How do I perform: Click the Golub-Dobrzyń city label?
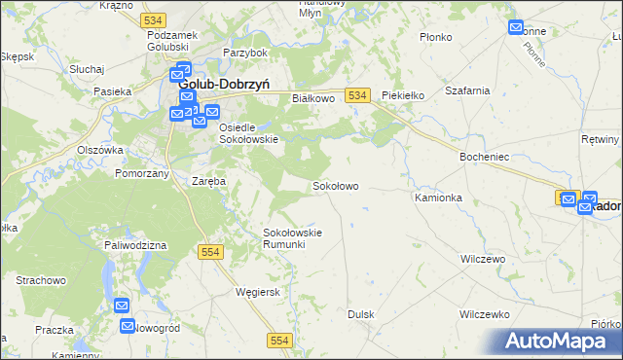pos(230,85)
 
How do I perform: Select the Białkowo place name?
pos(313,98)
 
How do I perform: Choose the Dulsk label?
pos(361,314)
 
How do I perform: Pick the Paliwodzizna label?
pos(137,245)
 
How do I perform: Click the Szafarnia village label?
pos(466,90)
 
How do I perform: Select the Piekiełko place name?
pos(405,95)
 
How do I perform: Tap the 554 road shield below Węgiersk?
pos(280,339)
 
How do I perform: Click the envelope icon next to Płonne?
pos(516,27)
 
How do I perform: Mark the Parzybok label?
pos(244,52)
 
